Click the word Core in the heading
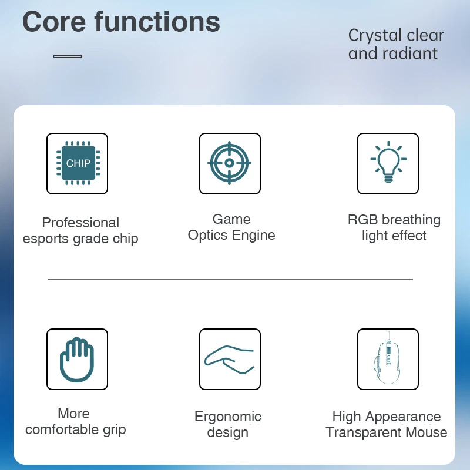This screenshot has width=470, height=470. (x=54, y=22)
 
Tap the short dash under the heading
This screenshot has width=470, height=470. (x=68, y=56)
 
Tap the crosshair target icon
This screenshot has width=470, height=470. (x=230, y=163)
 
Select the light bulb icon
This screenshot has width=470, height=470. (x=388, y=162)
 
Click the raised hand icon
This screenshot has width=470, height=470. (x=77, y=360)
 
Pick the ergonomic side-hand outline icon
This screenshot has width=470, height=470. (x=230, y=360)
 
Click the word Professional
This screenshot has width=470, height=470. (x=80, y=223)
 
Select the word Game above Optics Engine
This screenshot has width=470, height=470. (x=231, y=219)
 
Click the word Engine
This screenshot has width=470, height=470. (x=254, y=236)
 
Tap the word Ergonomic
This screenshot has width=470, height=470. (x=228, y=417)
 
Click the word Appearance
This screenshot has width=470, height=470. (x=403, y=417)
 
